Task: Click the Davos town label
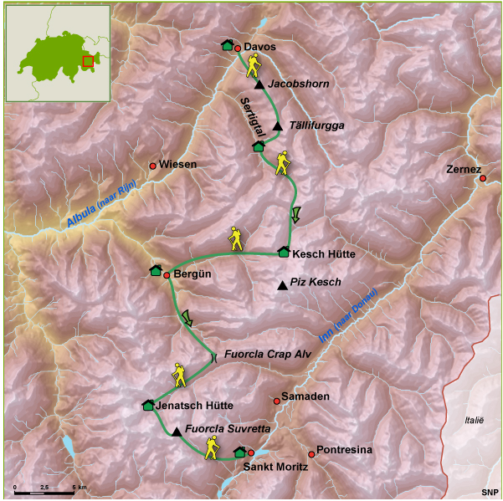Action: (260, 47)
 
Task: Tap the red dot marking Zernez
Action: (482, 178)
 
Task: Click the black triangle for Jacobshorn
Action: (260, 84)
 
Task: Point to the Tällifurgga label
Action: (316, 125)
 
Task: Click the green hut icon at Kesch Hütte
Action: (284, 252)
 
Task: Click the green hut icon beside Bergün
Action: (156, 269)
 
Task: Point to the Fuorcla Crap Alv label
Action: (262, 355)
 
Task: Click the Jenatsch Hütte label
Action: (194, 405)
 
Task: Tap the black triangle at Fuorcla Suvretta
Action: (176, 432)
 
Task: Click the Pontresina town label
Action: (346, 450)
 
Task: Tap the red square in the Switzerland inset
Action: (88, 60)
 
